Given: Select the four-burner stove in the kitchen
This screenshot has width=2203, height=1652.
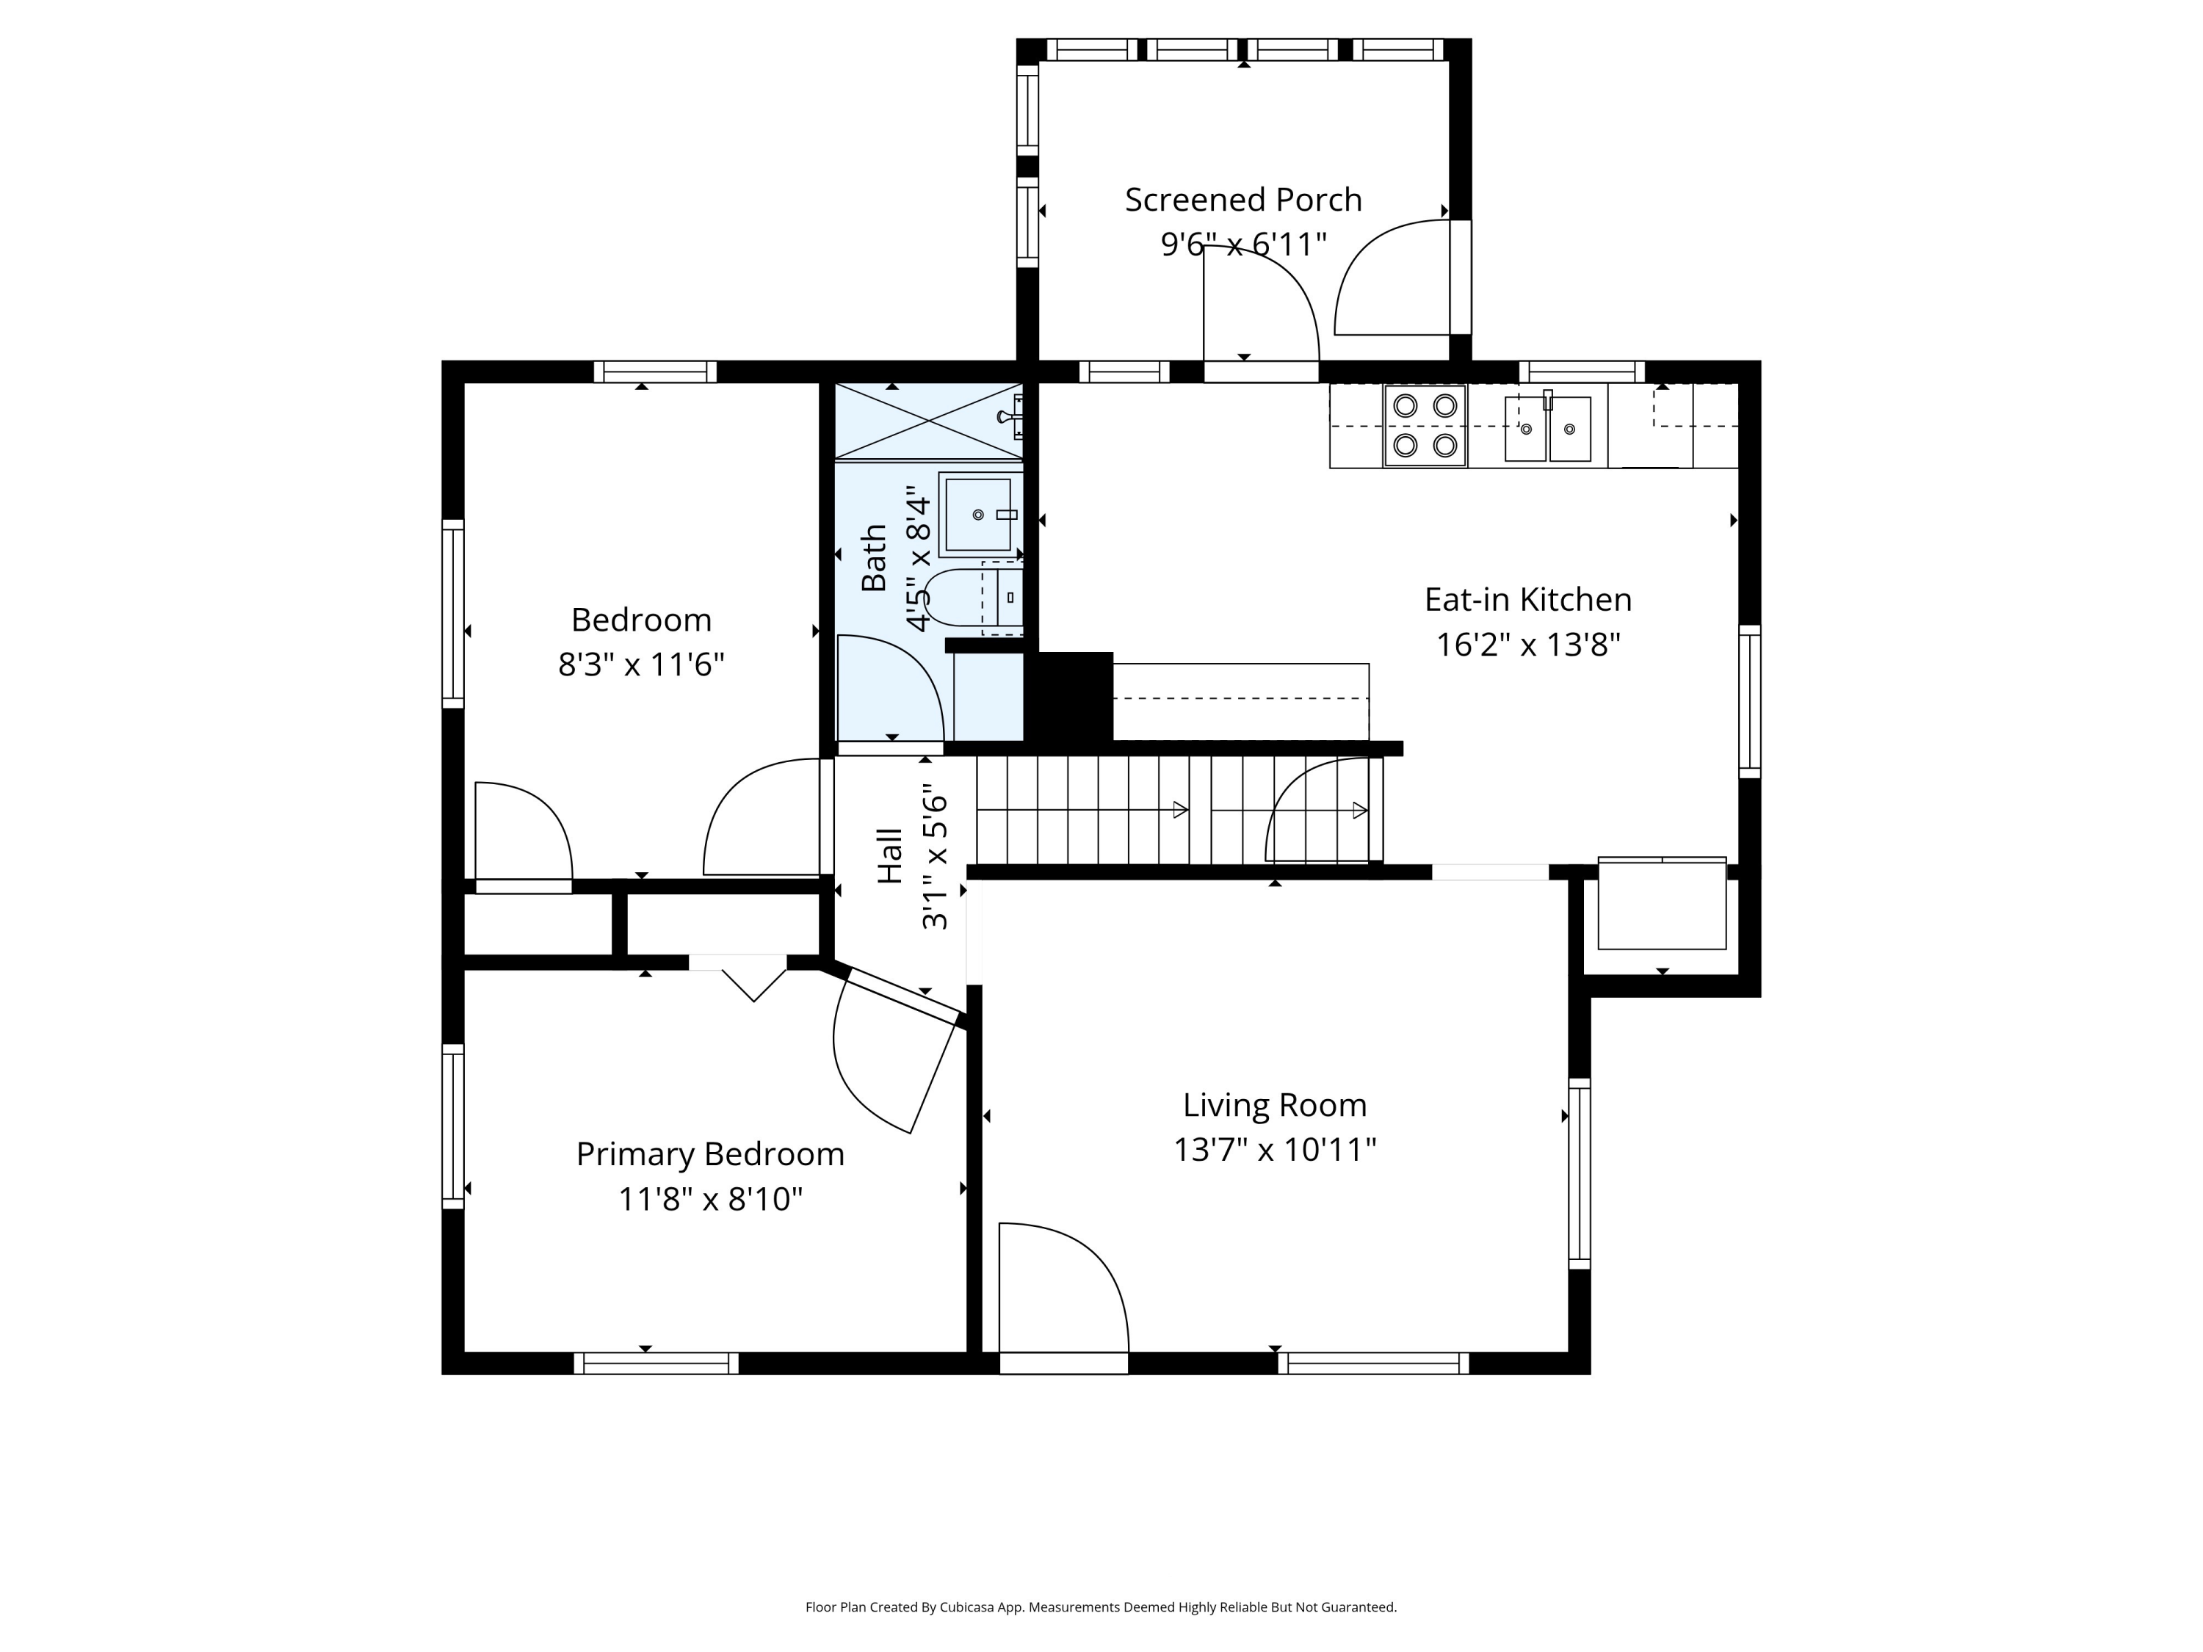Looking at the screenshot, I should coord(1424,425).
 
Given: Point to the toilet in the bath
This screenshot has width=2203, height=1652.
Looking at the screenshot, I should coord(976,598).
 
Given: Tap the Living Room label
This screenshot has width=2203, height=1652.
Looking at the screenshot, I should coord(1274,1105).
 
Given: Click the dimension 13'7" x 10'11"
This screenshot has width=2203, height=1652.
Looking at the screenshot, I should coord(1274,1150).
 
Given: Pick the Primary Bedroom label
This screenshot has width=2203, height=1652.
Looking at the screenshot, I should coord(710,1154).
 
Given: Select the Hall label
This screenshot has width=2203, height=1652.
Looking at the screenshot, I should coord(889,855).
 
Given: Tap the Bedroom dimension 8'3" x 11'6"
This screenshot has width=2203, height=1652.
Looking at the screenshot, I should coord(640,664).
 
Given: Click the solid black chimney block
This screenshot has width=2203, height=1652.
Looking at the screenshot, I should coord(1074,697).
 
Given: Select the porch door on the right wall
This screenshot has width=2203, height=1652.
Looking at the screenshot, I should coord(1394,279).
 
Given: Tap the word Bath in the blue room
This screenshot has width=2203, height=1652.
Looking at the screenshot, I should coord(873,557).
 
